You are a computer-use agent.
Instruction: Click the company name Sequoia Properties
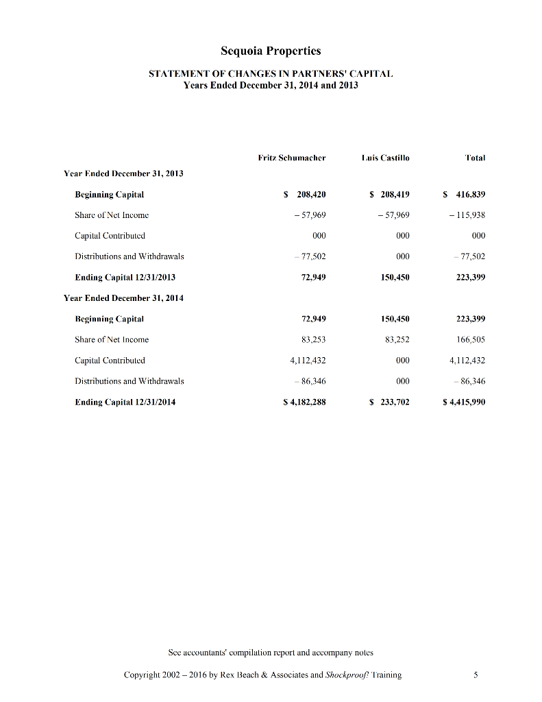pyautogui.click(x=271, y=51)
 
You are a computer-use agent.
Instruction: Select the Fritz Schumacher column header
pyautogui.click(x=291, y=158)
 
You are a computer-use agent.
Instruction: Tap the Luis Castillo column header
pyautogui.click(x=385, y=158)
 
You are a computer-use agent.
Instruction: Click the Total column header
pyautogui.click(x=474, y=158)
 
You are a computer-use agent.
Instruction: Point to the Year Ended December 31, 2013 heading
pyautogui.click(x=123, y=173)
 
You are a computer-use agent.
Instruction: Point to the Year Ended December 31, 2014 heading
pyautogui.click(x=123, y=298)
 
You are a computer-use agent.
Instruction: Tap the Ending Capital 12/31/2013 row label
pyautogui.click(x=125, y=278)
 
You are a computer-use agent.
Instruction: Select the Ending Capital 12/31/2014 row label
pyautogui.click(x=125, y=402)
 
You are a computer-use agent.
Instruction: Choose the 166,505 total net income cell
pyautogui.click(x=471, y=340)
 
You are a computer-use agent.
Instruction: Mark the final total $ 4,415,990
pyautogui.click(x=465, y=402)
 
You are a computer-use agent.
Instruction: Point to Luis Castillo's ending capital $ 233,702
pyautogui.click(x=390, y=402)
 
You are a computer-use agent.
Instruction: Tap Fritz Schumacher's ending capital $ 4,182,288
pyautogui.click(x=304, y=402)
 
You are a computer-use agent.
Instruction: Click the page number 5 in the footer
pyautogui.click(x=476, y=675)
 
